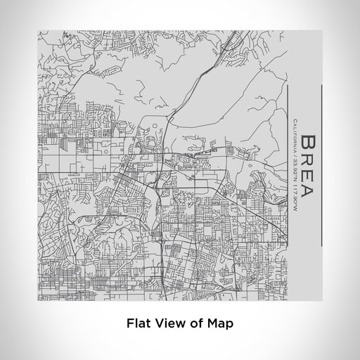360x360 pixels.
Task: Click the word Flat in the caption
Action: (139, 324)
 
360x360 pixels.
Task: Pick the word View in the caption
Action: (166, 324)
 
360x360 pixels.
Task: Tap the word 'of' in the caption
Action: (191, 324)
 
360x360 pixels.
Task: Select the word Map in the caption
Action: (214, 324)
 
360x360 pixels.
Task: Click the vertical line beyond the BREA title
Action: (321, 165)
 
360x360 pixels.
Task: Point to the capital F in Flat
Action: (131, 324)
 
